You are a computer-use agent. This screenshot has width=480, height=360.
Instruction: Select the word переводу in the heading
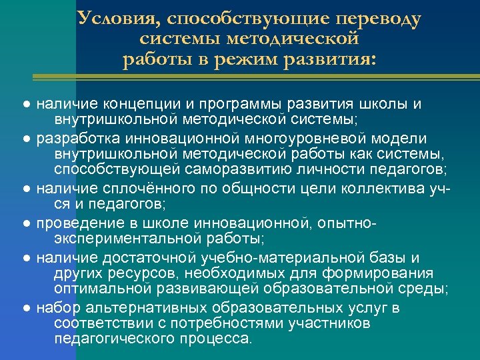pyautogui.click(x=377, y=20)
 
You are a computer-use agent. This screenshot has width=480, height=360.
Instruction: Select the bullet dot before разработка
pyautogui.click(x=25, y=139)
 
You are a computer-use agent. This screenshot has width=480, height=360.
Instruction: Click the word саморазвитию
pyautogui.click(x=239, y=169)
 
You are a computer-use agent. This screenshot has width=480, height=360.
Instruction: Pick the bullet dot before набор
pyautogui.click(x=25, y=309)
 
